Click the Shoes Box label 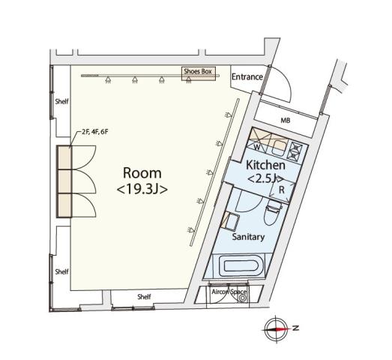click(x=199, y=72)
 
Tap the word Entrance click(x=247, y=77)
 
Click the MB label click(x=285, y=120)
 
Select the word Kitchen click(x=265, y=165)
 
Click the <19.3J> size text click(x=142, y=190)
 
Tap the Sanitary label click(x=248, y=237)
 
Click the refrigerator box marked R click(x=280, y=190)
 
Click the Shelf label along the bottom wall click(x=144, y=297)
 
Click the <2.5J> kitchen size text click(x=264, y=178)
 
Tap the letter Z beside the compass click(x=296, y=328)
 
